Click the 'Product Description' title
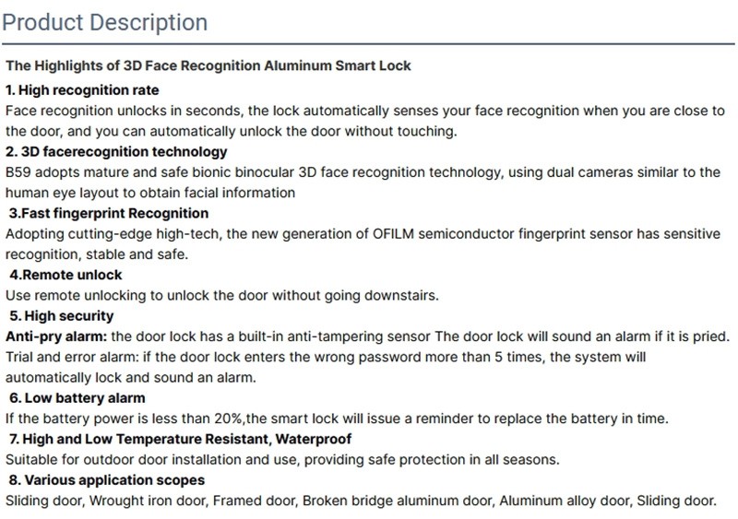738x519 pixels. [x=105, y=22]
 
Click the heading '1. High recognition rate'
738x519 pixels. [x=82, y=90]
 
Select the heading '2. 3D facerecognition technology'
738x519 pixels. [x=116, y=151]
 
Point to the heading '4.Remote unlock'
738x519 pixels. [x=65, y=275]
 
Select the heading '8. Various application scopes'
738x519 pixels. [x=106, y=480]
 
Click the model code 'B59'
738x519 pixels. [x=18, y=172]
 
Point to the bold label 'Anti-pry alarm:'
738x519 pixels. [x=55, y=336]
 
